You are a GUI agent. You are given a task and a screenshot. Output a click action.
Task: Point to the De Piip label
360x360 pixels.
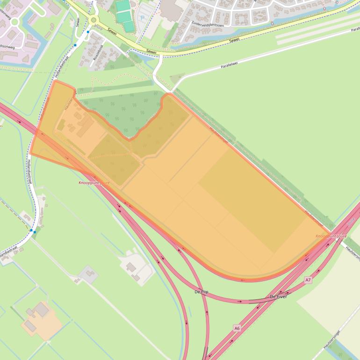click(201, 292)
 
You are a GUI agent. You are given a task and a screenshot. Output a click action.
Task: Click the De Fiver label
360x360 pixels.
click(278, 297)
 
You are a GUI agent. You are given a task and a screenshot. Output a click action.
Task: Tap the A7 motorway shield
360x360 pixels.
click(308, 280)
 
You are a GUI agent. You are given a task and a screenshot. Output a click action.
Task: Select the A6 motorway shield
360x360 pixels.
click(237, 329)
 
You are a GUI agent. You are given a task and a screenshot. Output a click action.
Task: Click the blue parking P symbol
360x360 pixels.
click(142, 18)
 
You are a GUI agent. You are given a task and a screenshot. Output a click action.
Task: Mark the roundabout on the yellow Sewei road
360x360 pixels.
click(94, 20)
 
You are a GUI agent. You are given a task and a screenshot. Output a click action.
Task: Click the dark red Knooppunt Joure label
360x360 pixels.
click(94, 182)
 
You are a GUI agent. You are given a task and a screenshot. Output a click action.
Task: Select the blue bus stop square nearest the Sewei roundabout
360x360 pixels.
click(87, 32)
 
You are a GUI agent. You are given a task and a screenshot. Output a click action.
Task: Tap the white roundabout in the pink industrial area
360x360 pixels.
click(14, 22)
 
